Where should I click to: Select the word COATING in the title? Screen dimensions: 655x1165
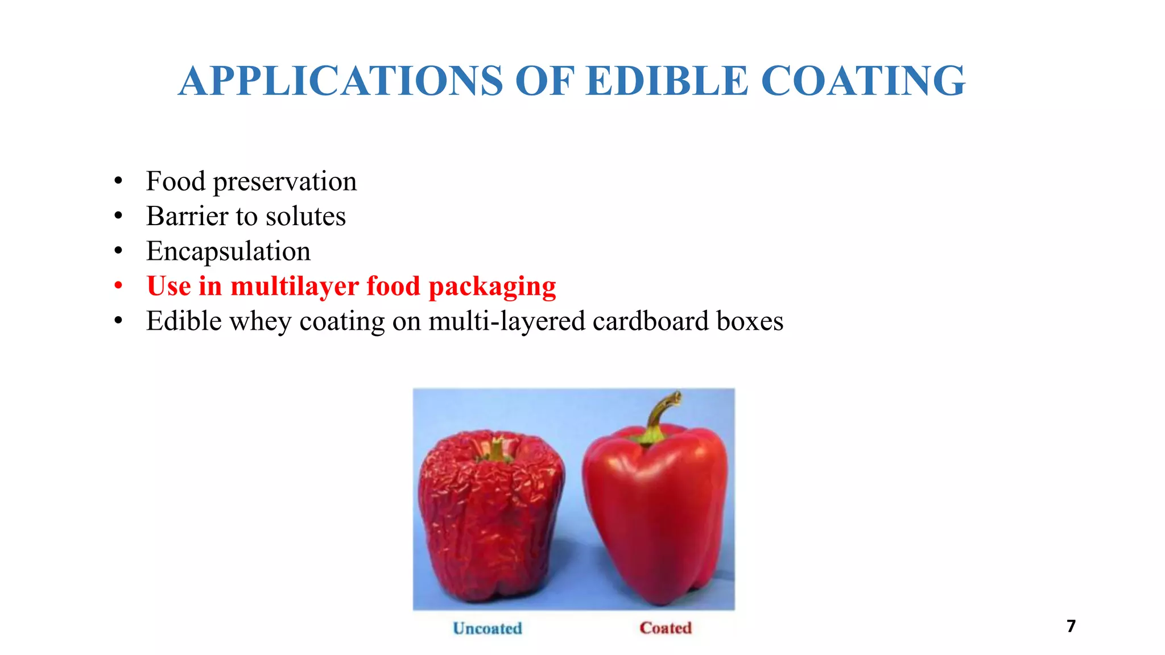[x=863, y=81]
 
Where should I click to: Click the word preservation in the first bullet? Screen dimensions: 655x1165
[x=284, y=182]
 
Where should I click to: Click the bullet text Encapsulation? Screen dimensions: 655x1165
[x=228, y=251]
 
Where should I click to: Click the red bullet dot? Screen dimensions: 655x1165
[x=118, y=285]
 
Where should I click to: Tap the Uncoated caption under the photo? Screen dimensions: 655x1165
[x=488, y=628]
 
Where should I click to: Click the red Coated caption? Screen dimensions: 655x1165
[x=666, y=628]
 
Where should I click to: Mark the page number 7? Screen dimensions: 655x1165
[x=1071, y=626]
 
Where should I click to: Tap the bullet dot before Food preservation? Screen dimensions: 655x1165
[x=118, y=181]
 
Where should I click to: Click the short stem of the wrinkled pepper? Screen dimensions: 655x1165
[x=497, y=449]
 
